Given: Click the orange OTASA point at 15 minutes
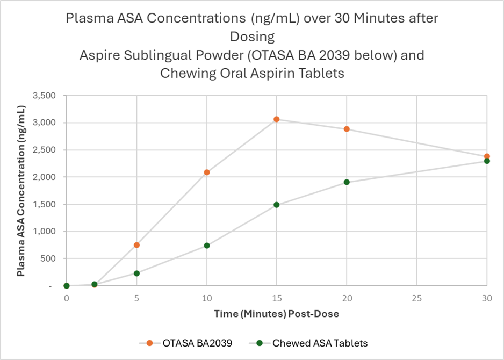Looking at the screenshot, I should point(277,119).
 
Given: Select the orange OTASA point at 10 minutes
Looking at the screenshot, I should point(207,172).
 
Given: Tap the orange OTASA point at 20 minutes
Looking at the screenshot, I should point(347,129).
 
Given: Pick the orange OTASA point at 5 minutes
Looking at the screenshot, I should point(136,245).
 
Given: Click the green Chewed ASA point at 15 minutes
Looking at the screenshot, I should point(277,205).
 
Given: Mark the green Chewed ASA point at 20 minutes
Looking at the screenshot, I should point(347,182).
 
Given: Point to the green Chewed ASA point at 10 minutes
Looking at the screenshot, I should point(207,246).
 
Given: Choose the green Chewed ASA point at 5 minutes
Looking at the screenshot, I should point(136,273).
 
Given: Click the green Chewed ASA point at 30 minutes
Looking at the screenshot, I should point(487,161).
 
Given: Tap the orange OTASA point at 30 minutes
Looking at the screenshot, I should point(487,156).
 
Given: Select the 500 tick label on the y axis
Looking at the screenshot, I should point(52,258).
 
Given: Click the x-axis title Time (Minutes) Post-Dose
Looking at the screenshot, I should point(277,313).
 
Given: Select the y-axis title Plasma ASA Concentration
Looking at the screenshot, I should point(21,191).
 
